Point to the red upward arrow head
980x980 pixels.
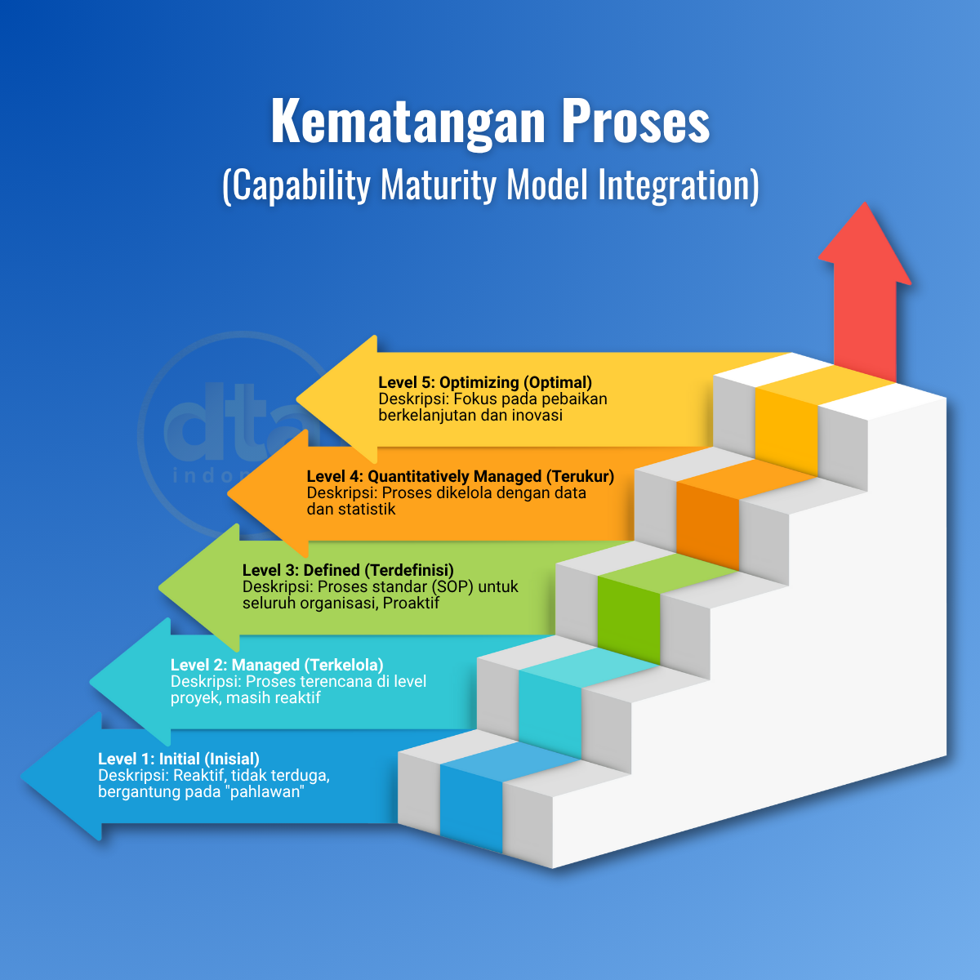[x=865, y=245]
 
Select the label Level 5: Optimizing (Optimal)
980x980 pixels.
[x=485, y=382]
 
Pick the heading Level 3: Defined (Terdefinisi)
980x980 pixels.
[x=348, y=570]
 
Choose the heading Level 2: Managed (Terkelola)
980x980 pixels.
[x=277, y=665]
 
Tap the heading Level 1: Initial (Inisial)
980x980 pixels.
[x=179, y=759]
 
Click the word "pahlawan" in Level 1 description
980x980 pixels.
[x=269, y=792]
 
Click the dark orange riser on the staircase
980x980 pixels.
[x=707, y=527]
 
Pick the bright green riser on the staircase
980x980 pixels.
[x=628, y=621]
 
